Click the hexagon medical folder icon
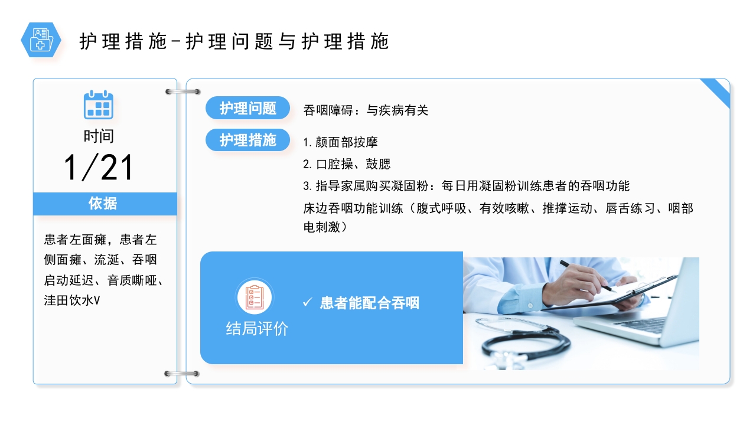pyautogui.click(x=41, y=40)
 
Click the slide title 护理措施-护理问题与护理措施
pyautogui.click(x=234, y=42)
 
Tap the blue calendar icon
pyautogui.click(x=98, y=105)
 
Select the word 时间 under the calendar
pyautogui.click(x=99, y=136)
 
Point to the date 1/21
pyautogui.click(x=99, y=168)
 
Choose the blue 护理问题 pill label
pyautogui.click(x=248, y=108)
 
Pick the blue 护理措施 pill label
pyautogui.click(x=248, y=140)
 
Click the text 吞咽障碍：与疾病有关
pyautogui.click(x=366, y=110)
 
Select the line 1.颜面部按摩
pyautogui.click(x=340, y=142)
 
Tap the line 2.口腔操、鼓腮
pyautogui.click(x=347, y=164)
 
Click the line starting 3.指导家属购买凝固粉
pyautogui.click(x=466, y=186)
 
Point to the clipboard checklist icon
pyautogui.click(x=255, y=296)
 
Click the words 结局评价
pyautogui.click(x=257, y=329)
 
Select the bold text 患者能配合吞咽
pyautogui.click(x=369, y=303)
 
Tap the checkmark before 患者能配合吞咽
pyautogui.click(x=307, y=302)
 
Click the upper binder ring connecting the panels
pyautogui.click(x=182, y=91)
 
